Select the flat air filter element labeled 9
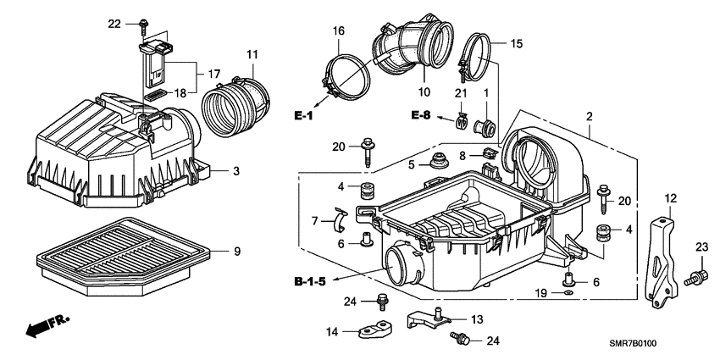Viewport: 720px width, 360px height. point(119,251)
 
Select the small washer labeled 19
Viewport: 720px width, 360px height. point(568,293)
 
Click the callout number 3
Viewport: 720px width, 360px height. point(237,171)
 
